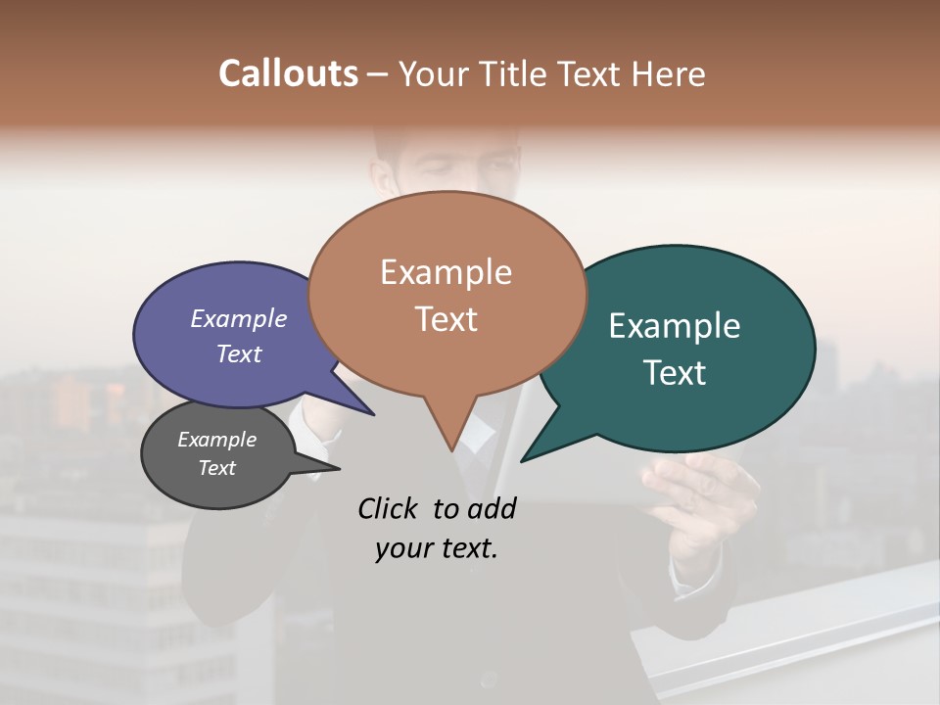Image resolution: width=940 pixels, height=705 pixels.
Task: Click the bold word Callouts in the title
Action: tap(288, 73)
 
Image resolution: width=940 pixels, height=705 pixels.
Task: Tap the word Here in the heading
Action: tap(670, 73)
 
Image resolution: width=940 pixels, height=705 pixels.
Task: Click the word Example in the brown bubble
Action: tap(446, 272)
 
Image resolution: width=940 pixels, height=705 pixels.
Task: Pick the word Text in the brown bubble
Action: tap(446, 319)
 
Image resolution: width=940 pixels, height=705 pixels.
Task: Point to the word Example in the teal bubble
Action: tap(675, 326)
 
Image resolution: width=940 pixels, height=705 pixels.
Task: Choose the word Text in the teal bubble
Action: tap(676, 373)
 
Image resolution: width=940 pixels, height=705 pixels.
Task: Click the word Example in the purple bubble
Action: tap(239, 318)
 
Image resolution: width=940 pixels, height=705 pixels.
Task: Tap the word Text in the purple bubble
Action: tap(239, 353)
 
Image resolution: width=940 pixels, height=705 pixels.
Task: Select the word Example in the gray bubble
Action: tap(216, 440)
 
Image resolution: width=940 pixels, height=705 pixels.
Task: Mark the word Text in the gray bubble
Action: tap(216, 468)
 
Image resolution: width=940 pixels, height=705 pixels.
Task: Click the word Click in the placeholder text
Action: tap(389, 508)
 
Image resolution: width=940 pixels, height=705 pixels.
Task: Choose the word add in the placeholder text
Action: tap(492, 508)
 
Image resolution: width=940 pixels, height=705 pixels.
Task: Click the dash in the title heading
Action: tap(378, 73)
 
